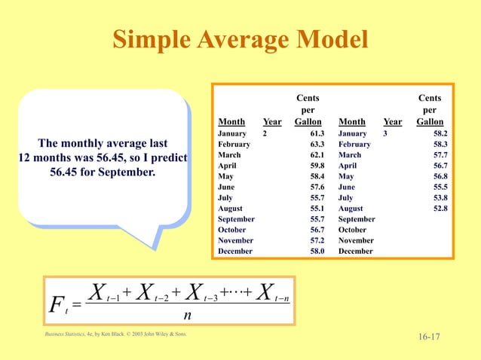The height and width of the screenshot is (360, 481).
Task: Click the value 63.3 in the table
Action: [x=317, y=144]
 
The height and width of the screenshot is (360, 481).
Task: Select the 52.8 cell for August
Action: [x=439, y=209]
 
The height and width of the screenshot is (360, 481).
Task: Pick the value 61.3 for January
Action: [x=317, y=133]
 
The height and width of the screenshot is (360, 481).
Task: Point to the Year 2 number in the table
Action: [x=265, y=133]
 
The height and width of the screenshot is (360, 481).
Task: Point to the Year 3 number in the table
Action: [x=385, y=133]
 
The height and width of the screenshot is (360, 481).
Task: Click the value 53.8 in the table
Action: [x=439, y=197]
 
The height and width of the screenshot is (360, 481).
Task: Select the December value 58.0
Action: [x=317, y=251]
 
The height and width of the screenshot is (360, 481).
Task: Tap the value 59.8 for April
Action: [x=317, y=166]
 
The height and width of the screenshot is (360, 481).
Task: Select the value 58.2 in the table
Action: [x=439, y=133]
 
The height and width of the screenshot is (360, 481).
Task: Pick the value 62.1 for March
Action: [x=317, y=155]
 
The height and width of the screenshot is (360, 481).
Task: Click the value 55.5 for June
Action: [x=439, y=187]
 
